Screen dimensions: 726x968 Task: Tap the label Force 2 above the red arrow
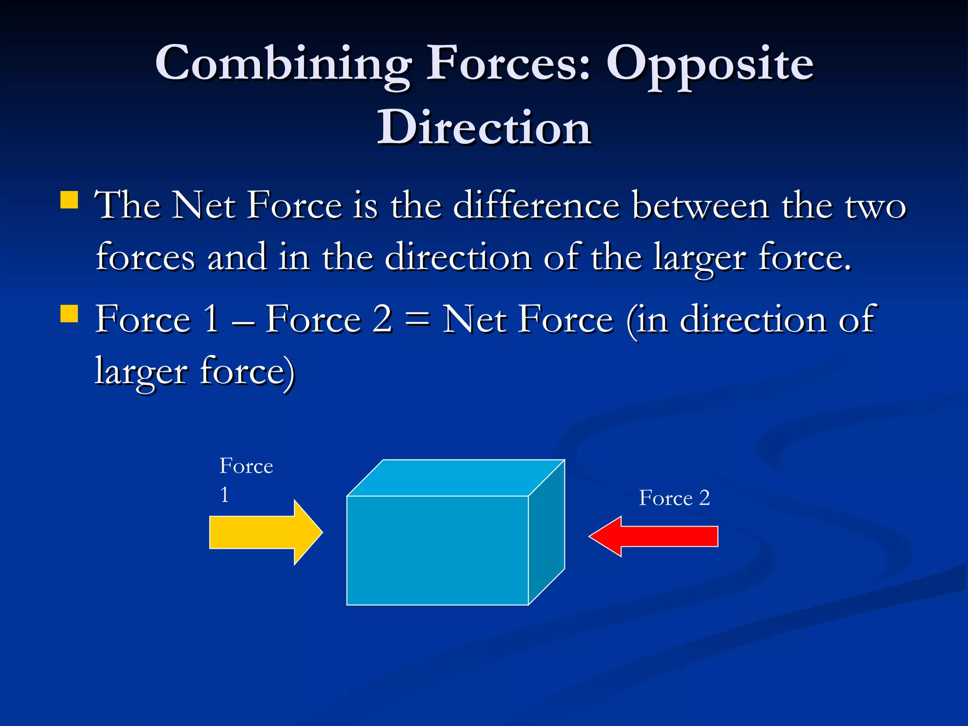(674, 498)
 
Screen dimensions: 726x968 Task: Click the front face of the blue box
(437, 551)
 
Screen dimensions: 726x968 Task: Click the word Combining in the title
(284, 64)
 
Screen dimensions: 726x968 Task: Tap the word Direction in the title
(484, 128)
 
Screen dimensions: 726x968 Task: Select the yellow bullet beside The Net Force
(69, 200)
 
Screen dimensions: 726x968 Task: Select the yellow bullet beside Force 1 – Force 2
(69, 313)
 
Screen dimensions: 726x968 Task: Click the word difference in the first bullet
(536, 206)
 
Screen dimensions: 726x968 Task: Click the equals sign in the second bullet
(417, 320)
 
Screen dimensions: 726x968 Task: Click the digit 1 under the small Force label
(225, 495)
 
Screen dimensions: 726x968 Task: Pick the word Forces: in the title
(509, 64)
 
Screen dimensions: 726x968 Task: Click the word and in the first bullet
(237, 258)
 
